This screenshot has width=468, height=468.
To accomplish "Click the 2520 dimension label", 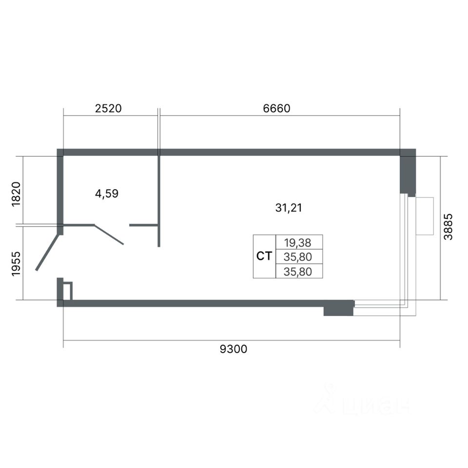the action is click(x=108, y=108).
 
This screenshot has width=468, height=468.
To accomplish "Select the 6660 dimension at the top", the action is click(x=276, y=108).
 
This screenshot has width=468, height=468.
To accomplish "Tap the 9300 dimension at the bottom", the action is click(x=234, y=349).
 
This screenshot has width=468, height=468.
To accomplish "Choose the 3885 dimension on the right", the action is click(x=448, y=227).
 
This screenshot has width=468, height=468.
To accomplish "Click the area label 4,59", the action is click(x=107, y=194).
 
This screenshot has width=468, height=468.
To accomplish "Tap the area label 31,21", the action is click(x=288, y=208).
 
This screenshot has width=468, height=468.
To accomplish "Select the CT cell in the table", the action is click(x=264, y=256).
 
